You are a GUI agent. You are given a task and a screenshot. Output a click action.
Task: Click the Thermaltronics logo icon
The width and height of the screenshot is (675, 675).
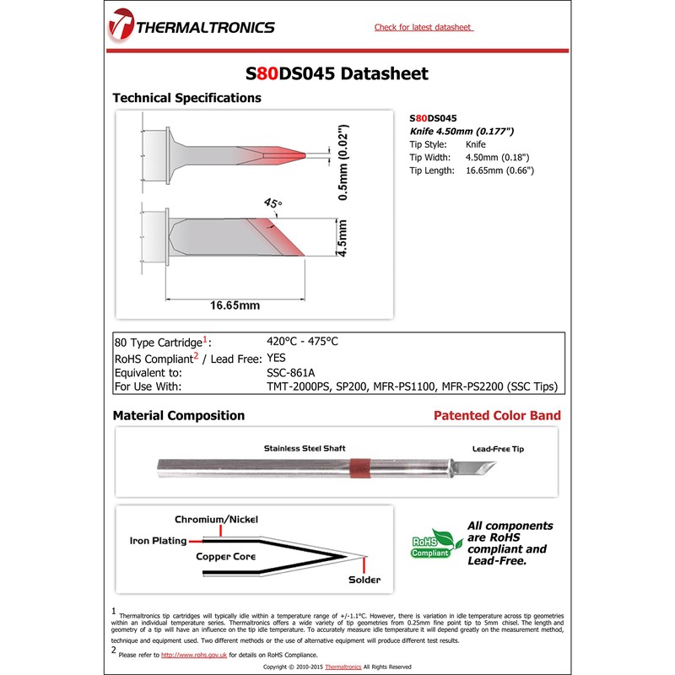click(121, 26)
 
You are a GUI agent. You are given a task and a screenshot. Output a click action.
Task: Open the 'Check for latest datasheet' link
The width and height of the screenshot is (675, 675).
click(424, 28)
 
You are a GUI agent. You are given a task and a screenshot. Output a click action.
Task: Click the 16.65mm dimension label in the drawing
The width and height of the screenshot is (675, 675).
click(235, 305)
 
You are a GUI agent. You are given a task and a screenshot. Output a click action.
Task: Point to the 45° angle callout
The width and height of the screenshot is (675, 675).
click(273, 203)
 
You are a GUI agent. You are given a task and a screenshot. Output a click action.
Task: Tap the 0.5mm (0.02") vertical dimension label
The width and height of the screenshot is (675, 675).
click(343, 163)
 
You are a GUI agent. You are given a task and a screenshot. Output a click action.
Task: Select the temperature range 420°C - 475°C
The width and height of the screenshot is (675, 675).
click(301, 342)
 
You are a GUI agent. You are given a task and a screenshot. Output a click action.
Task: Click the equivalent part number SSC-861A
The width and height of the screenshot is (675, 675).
click(290, 372)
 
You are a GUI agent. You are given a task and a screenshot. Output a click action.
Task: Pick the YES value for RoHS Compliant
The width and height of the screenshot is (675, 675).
click(276, 357)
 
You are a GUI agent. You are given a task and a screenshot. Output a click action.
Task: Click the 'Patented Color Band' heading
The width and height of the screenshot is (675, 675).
click(497, 416)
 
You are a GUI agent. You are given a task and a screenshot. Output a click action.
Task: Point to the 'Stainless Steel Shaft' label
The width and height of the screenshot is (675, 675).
click(304, 448)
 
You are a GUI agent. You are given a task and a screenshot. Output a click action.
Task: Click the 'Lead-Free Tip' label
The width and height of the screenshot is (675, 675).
click(498, 449)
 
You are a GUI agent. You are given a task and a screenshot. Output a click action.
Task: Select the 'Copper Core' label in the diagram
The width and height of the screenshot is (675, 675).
click(225, 557)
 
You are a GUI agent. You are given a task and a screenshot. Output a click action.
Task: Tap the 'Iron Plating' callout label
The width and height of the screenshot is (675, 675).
click(158, 541)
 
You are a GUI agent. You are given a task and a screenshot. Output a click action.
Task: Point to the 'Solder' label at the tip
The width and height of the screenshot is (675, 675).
click(364, 580)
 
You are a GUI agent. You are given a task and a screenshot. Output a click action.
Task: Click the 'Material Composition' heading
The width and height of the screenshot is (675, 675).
click(179, 416)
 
